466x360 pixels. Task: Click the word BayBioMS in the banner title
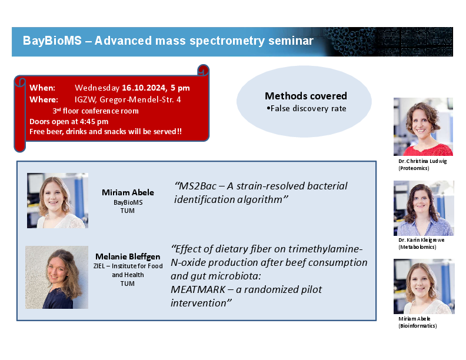(x=52, y=41)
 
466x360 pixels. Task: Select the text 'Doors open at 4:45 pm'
(x=69, y=122)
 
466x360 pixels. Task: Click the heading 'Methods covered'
(x=306, y=96)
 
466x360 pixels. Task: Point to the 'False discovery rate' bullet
(x=307, y=108)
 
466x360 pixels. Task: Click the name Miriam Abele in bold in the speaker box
(x=128, y=192)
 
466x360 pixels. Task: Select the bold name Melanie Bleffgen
(x=128, y=256)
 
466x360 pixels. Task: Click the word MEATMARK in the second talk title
(x=198, y=289)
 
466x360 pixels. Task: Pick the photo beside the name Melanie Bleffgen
(x=56, y=277)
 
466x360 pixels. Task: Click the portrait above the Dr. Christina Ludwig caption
(x=423, y=126)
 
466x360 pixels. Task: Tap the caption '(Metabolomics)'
(x=417, y=247)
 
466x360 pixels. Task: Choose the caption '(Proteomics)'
(x=414, y=168)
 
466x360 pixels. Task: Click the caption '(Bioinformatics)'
(x=418, y=326)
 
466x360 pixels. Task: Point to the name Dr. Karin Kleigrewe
(x=421, y=240)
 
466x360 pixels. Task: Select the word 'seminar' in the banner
(x=291, y=41)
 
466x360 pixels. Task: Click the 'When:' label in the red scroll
(x=42, y=88)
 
